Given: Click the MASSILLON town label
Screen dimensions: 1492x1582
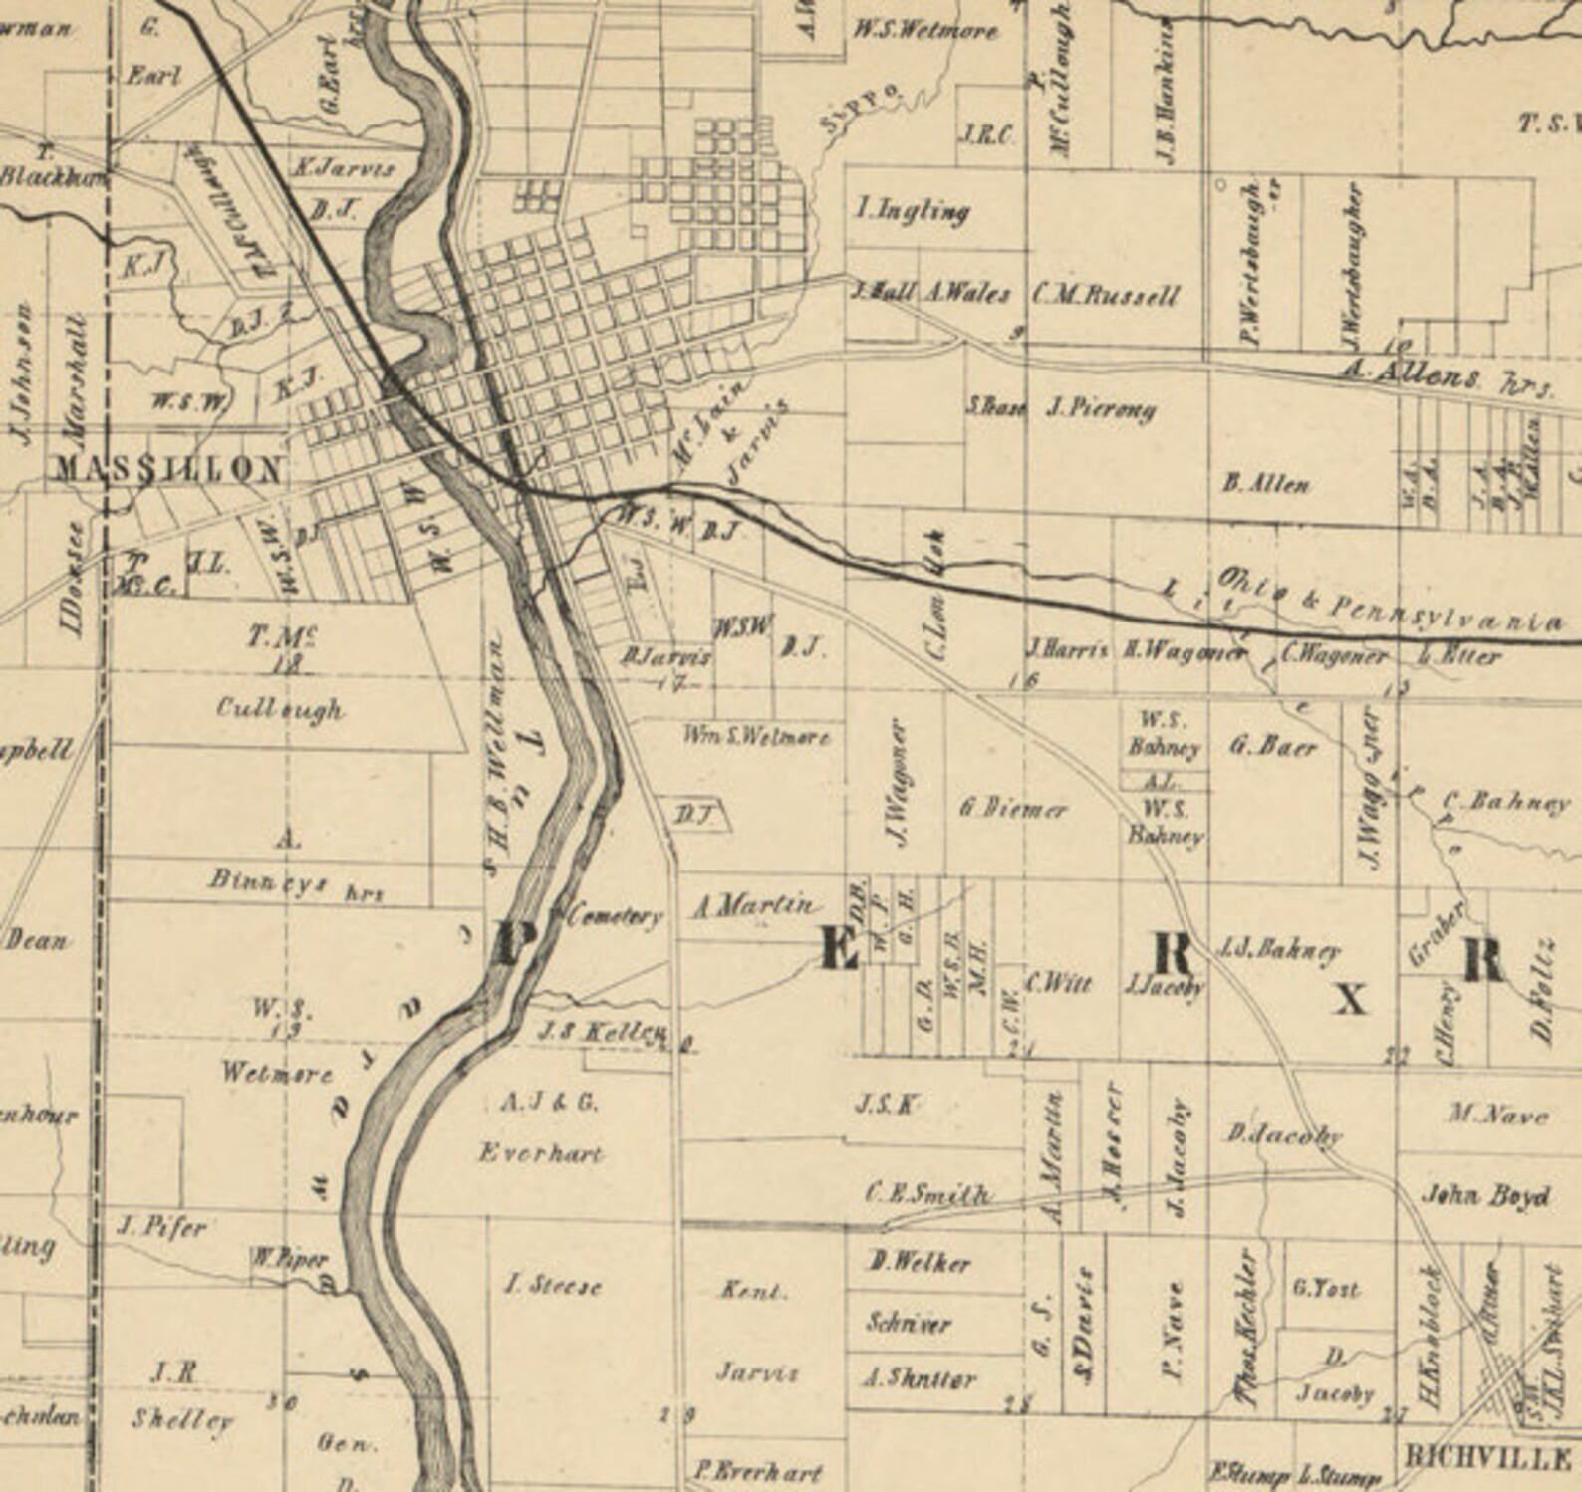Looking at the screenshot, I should click(167, 469).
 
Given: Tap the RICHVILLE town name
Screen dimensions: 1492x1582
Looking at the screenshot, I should click(1485, 1458).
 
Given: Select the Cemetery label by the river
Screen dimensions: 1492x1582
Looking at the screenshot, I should click(614, 916).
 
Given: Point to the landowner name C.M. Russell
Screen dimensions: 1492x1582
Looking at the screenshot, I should click(1105, 295).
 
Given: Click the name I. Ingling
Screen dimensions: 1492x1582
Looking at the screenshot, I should click(912, 210).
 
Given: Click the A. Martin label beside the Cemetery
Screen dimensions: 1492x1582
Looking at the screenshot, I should click(754, 905).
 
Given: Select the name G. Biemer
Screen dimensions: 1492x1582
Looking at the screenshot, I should click(1012, 809).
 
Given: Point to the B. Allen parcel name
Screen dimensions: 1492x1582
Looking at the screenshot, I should click(1265, 484).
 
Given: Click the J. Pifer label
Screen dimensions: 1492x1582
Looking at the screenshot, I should click(161, 1227).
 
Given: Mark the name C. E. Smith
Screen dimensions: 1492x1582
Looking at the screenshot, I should click(927, 1193).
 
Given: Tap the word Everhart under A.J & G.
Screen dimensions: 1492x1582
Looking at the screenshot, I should click(541, 1153).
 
